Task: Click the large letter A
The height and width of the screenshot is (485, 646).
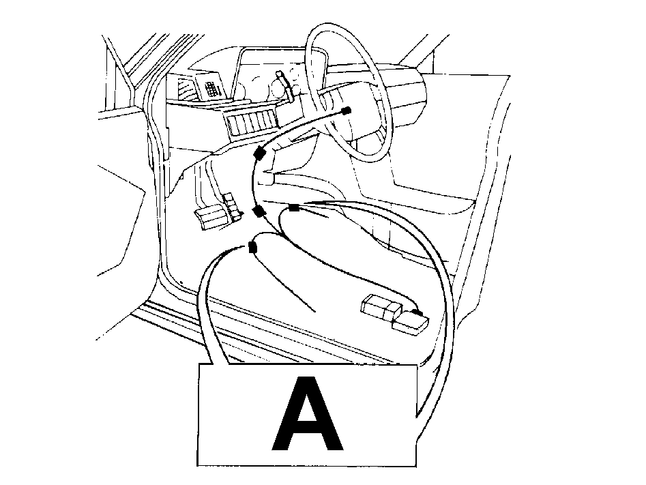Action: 308,413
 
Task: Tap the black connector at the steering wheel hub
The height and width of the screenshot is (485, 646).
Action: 347,111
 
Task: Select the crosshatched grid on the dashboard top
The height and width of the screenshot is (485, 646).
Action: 211,89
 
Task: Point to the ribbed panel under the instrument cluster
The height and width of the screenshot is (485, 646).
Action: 252,122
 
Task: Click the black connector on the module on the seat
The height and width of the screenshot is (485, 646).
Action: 417,313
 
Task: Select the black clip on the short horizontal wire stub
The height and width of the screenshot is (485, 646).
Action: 294,207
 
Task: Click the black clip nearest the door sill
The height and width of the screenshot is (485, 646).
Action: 252,248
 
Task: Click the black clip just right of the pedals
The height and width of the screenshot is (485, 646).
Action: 259,211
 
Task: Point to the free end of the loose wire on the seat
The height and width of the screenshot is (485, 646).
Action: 315,311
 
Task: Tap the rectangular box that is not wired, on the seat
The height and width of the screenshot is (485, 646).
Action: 381,306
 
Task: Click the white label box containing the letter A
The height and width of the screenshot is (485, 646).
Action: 308,415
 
